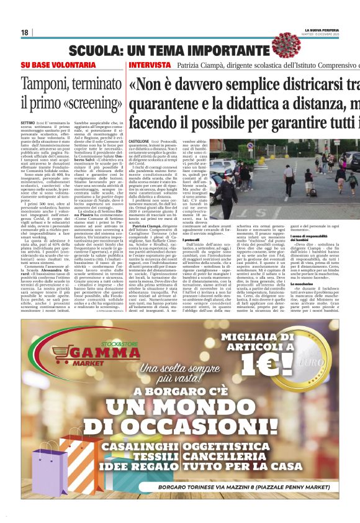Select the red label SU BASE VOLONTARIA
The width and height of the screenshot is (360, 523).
click(x=49, y=65)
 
